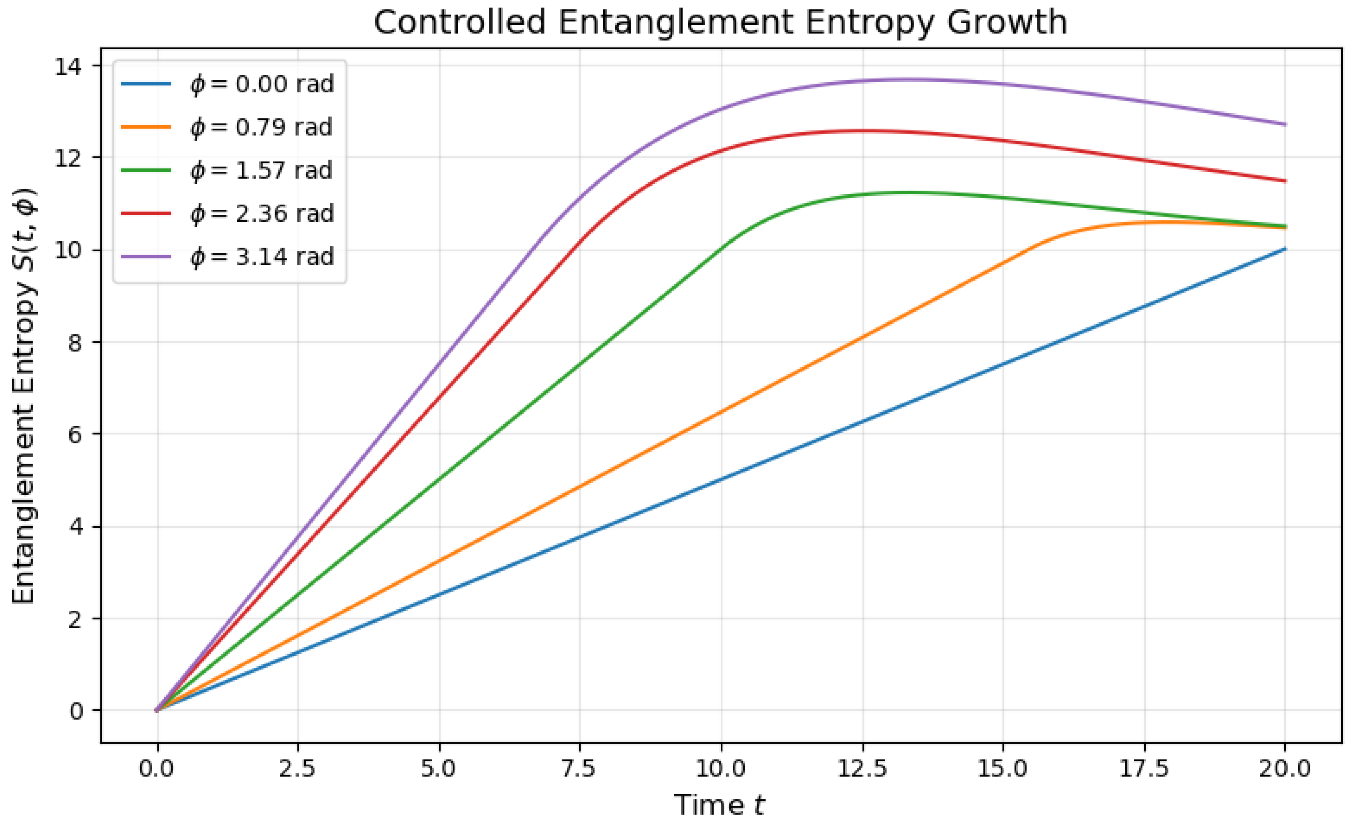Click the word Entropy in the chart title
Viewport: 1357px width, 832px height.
pyautogui.click(x=865, y=23)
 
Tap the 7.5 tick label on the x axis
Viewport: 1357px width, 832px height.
pyautogui.click(x=580, y=769)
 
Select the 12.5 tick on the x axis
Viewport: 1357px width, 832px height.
pyautogui.click(x=863, y=769)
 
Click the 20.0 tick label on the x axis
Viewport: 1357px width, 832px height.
pyautogui.click(x=1285, y=769)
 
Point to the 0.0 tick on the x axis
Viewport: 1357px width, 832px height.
pyautogui.click(x=157, y=769)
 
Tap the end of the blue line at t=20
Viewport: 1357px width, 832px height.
pyautogui.click(x=1285, y=249)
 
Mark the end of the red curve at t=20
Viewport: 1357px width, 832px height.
pyautogui.click(x=1285, y=180)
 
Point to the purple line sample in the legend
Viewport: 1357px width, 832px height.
pyautogui.click(x=146, y=257)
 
